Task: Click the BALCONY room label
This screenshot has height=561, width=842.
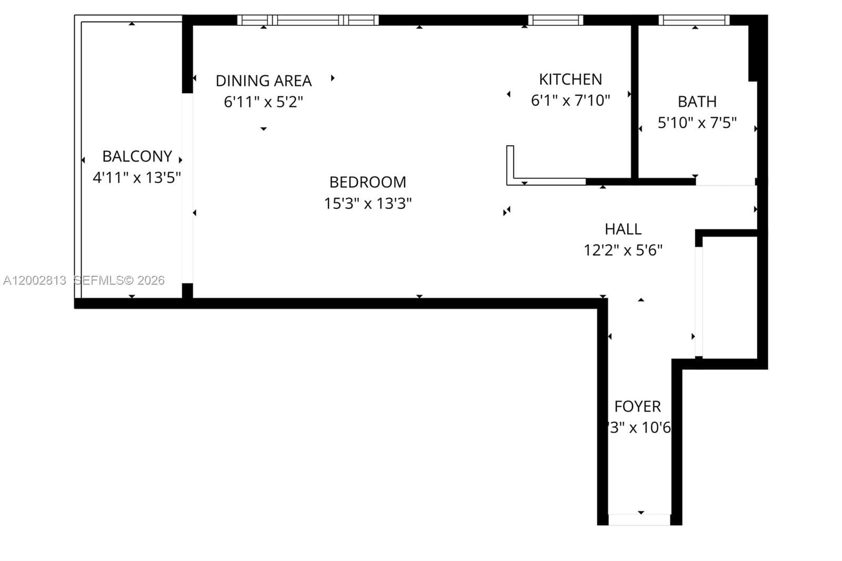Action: point(137,156)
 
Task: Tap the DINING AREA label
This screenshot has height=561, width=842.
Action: point(264,81)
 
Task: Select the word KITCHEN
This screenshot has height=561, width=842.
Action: point(570,79)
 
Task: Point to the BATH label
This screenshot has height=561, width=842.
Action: point(697,102)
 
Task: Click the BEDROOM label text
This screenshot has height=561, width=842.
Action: point(367,182)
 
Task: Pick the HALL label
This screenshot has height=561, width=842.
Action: point(623,229)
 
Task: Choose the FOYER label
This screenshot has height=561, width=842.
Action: point(637,406)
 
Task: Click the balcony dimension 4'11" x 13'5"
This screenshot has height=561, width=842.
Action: point(137,178)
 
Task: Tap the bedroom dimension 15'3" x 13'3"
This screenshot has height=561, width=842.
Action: point(367,204)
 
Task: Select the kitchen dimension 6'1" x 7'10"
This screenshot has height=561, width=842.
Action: point(570,101)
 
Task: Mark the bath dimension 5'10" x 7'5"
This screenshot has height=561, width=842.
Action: point(697,123)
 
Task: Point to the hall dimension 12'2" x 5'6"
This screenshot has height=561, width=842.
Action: point(623,250)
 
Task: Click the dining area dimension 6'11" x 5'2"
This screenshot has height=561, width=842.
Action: point(264,102)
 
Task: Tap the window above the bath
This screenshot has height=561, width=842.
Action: point(694,21)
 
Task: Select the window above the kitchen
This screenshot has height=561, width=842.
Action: point(555,21)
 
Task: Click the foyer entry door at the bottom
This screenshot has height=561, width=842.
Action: point(639,520)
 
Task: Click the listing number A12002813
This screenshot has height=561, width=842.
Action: point(35,280)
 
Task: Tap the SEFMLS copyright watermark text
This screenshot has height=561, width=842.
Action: point(119,280)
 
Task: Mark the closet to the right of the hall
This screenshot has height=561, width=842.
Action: point(730,297)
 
